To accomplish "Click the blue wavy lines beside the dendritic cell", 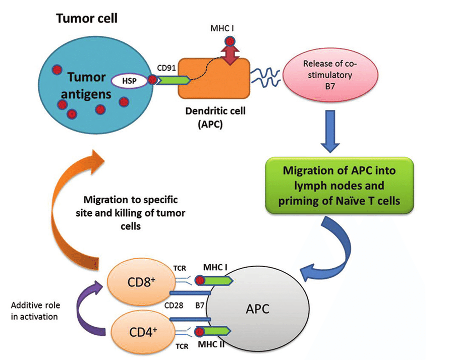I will pos(265,80).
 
